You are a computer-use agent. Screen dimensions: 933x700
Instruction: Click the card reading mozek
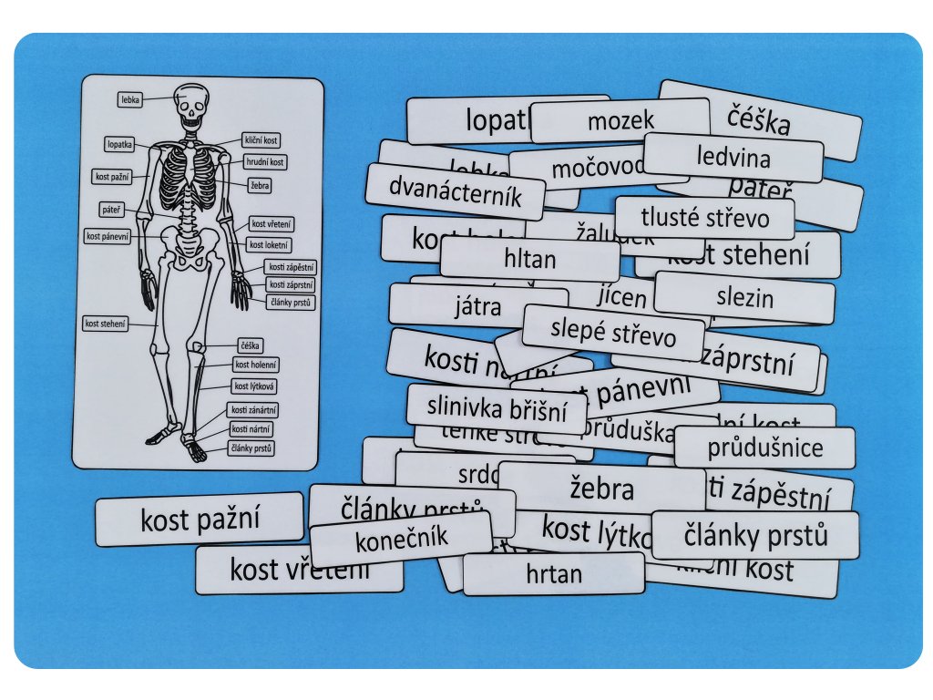click(x=620, y=120)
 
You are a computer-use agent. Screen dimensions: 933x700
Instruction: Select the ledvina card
click(x=733, y=158)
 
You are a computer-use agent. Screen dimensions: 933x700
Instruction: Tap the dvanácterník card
click(x=455, y=191)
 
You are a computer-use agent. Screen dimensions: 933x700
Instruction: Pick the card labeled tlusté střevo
click(x=704, y=218)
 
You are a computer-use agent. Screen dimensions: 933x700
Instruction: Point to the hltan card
click(x=529, y=260)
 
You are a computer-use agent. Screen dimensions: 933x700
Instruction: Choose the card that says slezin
click(x=744, y=297)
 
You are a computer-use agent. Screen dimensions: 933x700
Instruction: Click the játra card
click(x=477, y=306)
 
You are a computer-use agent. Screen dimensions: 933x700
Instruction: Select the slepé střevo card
click(x=613, y=334)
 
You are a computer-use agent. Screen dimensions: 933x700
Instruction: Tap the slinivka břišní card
click(x=497, y=408)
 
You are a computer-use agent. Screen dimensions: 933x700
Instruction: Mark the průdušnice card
click(x=764, y=448)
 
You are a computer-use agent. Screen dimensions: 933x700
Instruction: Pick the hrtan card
click(x=553, y=574)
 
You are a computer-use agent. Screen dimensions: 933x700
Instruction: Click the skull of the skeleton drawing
click(x=191, y=107)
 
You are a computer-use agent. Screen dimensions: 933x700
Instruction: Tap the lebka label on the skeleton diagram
click(x=130, y=99)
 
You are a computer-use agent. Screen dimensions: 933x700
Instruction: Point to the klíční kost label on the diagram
click(x=261, y=140)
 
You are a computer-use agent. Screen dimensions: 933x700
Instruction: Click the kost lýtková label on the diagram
click(x=254, y=386)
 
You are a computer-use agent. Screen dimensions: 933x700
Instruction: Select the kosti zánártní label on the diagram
click(x=253, y=410)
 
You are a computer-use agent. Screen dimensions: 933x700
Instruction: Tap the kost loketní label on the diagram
click(x=271, y=245)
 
